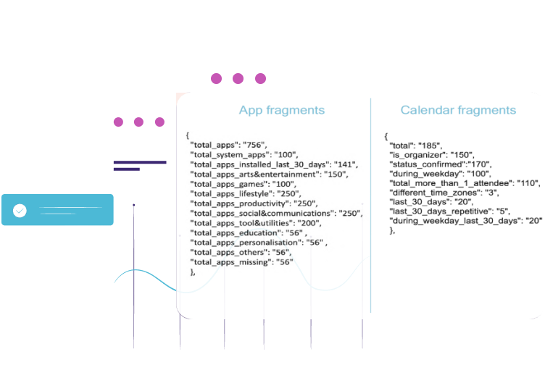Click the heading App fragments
pos(282,111)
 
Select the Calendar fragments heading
pos(458,111)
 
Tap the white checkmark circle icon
pos(20,211)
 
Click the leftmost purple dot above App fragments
pos(215,78)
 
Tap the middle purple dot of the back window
pos(138,122)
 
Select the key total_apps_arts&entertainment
pos(254,175)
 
